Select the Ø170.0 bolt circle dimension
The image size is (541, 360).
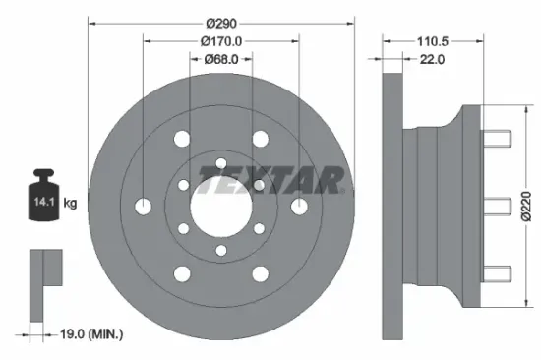[x=220, y=41]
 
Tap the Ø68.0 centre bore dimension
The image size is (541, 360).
[x=220, y=60]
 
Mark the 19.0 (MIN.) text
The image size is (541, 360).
[x=89, y=334]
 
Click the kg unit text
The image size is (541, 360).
[x=71, y=204]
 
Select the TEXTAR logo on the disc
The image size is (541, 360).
[x=271, y=179]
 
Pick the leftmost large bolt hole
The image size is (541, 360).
[x=144, y=207]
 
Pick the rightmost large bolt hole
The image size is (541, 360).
[x=297, y=207]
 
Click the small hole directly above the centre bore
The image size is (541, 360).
[x=220, y=162]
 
